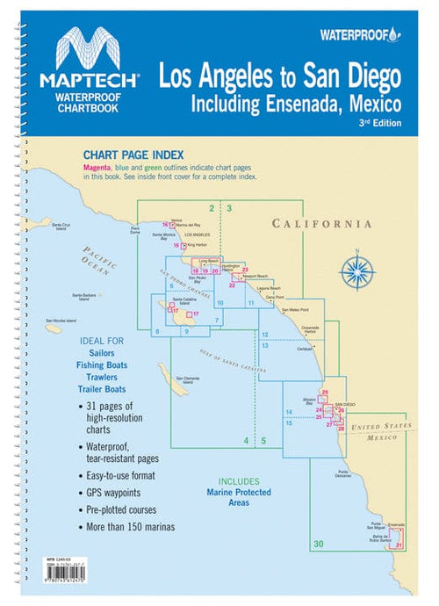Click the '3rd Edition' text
pyautogui.click(x=381, y=123)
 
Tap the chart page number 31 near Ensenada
pyautogui.click(x=399, y=545)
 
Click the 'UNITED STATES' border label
pyautogui.click(x=380, y=426)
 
